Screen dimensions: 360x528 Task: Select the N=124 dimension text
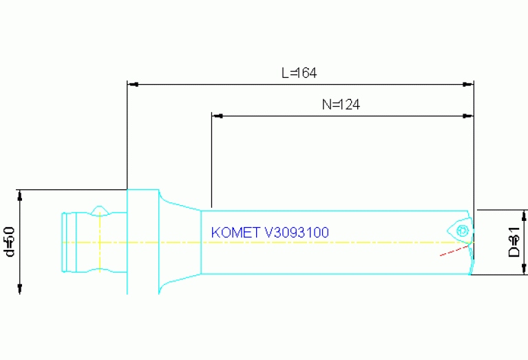341,105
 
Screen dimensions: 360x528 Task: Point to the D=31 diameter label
513,242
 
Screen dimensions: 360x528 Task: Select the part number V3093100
297,233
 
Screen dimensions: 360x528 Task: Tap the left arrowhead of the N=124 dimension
218,116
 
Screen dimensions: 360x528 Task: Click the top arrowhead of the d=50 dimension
21,195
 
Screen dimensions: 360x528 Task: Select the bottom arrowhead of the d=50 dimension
21,288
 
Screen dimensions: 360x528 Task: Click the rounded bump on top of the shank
100,209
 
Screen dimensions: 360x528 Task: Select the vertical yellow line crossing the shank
101,242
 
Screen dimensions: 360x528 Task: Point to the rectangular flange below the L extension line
143,241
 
